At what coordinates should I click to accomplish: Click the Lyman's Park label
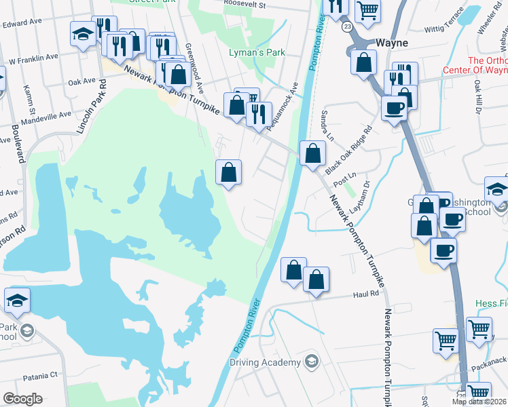coord(257,52)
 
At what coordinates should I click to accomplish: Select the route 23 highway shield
coord(347,26)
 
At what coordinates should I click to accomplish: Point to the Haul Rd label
coord(365,294)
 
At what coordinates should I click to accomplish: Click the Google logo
coord(22,399)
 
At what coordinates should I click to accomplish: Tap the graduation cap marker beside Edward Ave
coord(83,35)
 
